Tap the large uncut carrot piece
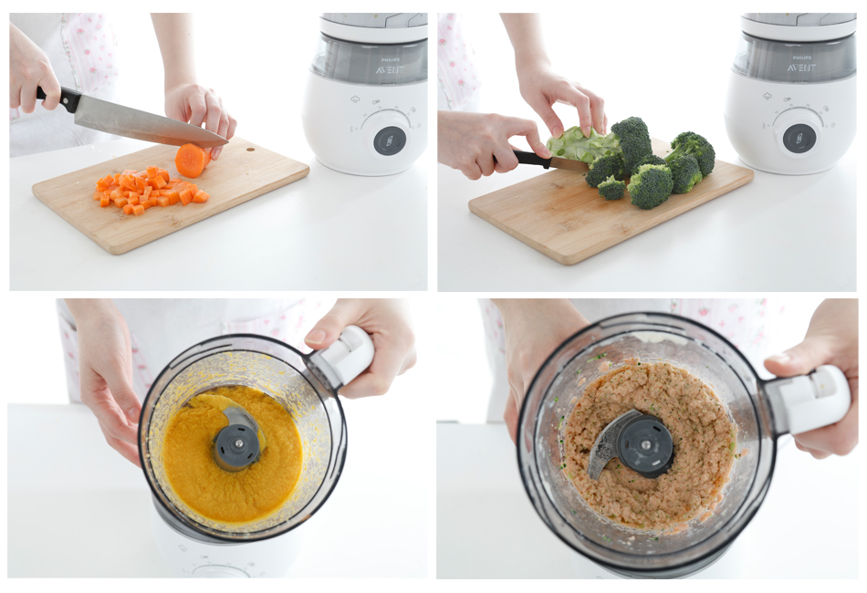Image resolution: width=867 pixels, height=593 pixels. point(192,160)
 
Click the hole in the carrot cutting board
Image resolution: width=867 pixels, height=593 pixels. point(251,149)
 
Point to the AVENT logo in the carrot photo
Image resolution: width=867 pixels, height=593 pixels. point(390,70)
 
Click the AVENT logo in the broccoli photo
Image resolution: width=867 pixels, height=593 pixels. point(801,68)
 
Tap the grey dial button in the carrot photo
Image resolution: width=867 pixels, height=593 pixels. point(390,140)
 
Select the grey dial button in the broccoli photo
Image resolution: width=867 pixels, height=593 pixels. point(799,138)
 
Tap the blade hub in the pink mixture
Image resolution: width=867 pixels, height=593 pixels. point(645,444)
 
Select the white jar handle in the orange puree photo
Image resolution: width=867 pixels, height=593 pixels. point(343,356)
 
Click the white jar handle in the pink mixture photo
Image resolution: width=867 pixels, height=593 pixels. point(808,399)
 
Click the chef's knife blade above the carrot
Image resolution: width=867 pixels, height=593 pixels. point(150,124)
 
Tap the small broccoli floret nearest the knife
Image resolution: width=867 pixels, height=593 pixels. point(611,188)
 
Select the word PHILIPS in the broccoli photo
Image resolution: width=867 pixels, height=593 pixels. point(801,57)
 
